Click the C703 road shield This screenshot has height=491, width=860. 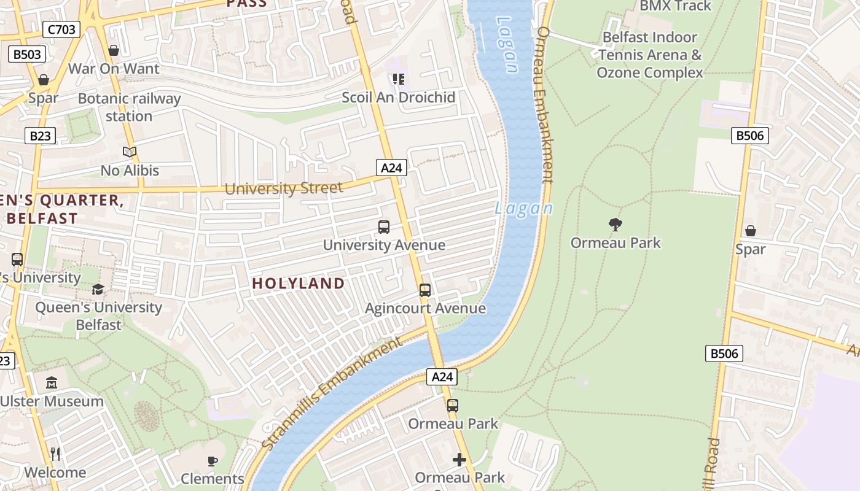click(x=61, y=29)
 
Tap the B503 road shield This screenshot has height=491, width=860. click(x=27, y=54)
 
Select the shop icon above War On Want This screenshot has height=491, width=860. click(x=114, y=50)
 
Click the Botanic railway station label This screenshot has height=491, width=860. click(x=129, y=107)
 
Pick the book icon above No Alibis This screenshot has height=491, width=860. click(x=129, y=152)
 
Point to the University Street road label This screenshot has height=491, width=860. click(x=283, y=188)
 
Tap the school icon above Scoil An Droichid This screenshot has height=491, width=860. click(x=399, y=79)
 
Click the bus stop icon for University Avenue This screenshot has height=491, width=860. click(x=384, y=227)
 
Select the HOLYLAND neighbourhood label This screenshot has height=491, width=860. click(x=299, y=283)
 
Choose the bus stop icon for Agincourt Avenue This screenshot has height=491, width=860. click(x=425, y=290)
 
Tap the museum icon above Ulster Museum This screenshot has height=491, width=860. click(x=52, y=383)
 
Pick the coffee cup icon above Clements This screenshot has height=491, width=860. click(x=213, y=461)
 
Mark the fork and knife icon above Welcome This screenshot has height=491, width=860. click(x=55, y=454)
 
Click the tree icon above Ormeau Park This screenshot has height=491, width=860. click(x=616, y=225)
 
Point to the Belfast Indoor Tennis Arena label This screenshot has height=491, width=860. click(x=650, y=55)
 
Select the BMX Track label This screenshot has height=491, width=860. click(x=676, y=6)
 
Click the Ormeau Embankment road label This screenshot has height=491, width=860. click(x=545, y=104)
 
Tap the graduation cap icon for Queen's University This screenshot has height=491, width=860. click(x=98, y=289)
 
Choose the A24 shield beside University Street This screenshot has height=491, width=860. click(x=391, y=168)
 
